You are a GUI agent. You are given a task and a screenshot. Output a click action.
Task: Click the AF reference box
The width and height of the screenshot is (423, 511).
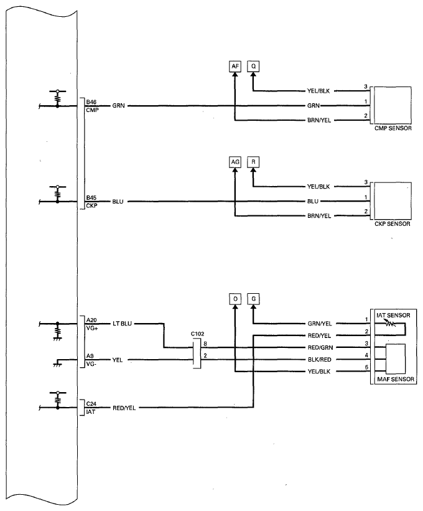235,67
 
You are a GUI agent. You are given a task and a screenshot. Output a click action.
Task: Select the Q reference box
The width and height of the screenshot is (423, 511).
253,67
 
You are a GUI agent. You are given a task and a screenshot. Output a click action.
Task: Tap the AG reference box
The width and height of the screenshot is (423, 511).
235,162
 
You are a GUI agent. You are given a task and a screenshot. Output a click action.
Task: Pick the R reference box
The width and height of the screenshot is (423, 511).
253,162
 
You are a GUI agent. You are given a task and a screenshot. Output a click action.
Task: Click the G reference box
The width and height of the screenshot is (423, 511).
253,299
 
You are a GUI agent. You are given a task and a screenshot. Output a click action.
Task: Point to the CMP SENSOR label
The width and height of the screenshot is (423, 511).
393,128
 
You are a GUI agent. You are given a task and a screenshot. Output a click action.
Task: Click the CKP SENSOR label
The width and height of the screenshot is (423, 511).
392,224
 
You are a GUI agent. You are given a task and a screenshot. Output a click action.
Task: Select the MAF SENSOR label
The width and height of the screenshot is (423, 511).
396,379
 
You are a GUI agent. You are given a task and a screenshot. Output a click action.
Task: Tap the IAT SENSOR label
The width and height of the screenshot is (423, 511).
393,315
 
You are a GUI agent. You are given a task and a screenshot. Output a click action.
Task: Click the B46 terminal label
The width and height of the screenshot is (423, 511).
91,102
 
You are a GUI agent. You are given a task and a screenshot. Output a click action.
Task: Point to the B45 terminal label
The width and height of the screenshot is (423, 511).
91,198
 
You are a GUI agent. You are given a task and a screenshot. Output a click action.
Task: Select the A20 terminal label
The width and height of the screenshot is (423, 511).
91,320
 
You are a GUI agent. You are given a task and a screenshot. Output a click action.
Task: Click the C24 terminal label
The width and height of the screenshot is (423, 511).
91,404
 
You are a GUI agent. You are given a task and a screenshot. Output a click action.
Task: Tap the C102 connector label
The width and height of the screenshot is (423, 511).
197,334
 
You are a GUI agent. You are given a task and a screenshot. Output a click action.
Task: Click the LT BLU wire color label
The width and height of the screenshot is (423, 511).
122,324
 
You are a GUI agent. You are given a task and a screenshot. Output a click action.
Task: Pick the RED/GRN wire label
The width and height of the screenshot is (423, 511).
320,348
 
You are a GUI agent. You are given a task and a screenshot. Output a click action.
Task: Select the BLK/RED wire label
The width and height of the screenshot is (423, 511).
320,360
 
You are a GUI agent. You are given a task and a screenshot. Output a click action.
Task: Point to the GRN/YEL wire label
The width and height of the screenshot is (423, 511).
320,324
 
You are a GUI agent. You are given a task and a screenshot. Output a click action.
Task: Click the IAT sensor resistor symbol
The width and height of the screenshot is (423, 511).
390,323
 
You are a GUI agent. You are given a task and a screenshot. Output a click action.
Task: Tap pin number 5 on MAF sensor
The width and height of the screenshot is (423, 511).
366,367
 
